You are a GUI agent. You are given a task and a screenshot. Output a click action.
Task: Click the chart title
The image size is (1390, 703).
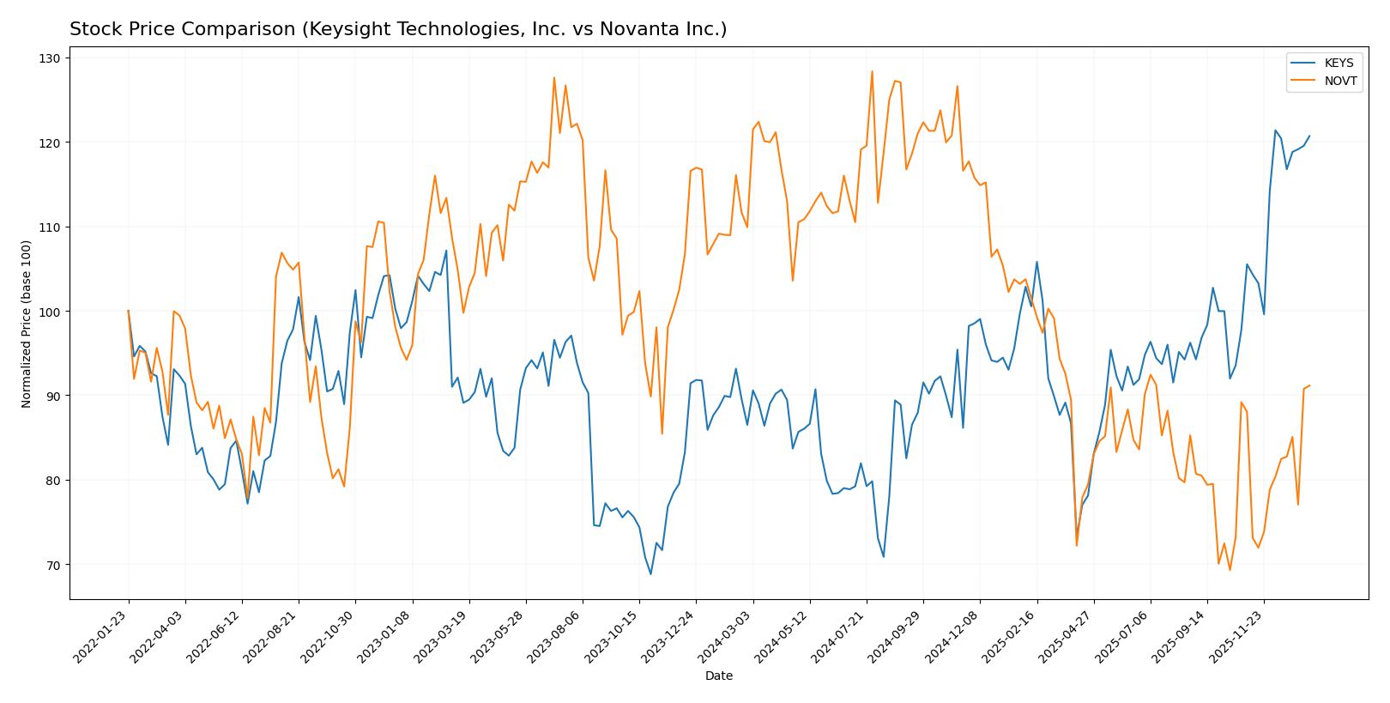click(x=398, y=29)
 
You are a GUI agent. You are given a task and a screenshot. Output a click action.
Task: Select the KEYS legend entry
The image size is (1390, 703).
click(x=1339, y=64)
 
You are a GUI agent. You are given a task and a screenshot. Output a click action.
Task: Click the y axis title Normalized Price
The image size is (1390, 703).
click(x=27, y=324)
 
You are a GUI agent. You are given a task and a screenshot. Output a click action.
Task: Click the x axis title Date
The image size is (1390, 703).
click(x=718, y=676)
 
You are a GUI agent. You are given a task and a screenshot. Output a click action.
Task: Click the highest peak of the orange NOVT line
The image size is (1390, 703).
click(x=872, y=71)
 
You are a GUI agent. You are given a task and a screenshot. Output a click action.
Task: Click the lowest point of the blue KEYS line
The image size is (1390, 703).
click(x=650, y=574)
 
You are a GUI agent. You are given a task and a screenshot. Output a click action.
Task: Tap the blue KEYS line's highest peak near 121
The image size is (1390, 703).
click(x=1275, y=130)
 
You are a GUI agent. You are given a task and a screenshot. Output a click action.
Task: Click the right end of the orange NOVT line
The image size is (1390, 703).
click(x=1309, y=385)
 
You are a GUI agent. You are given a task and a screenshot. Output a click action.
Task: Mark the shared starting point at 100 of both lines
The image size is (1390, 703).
click(x=128, y=311)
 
